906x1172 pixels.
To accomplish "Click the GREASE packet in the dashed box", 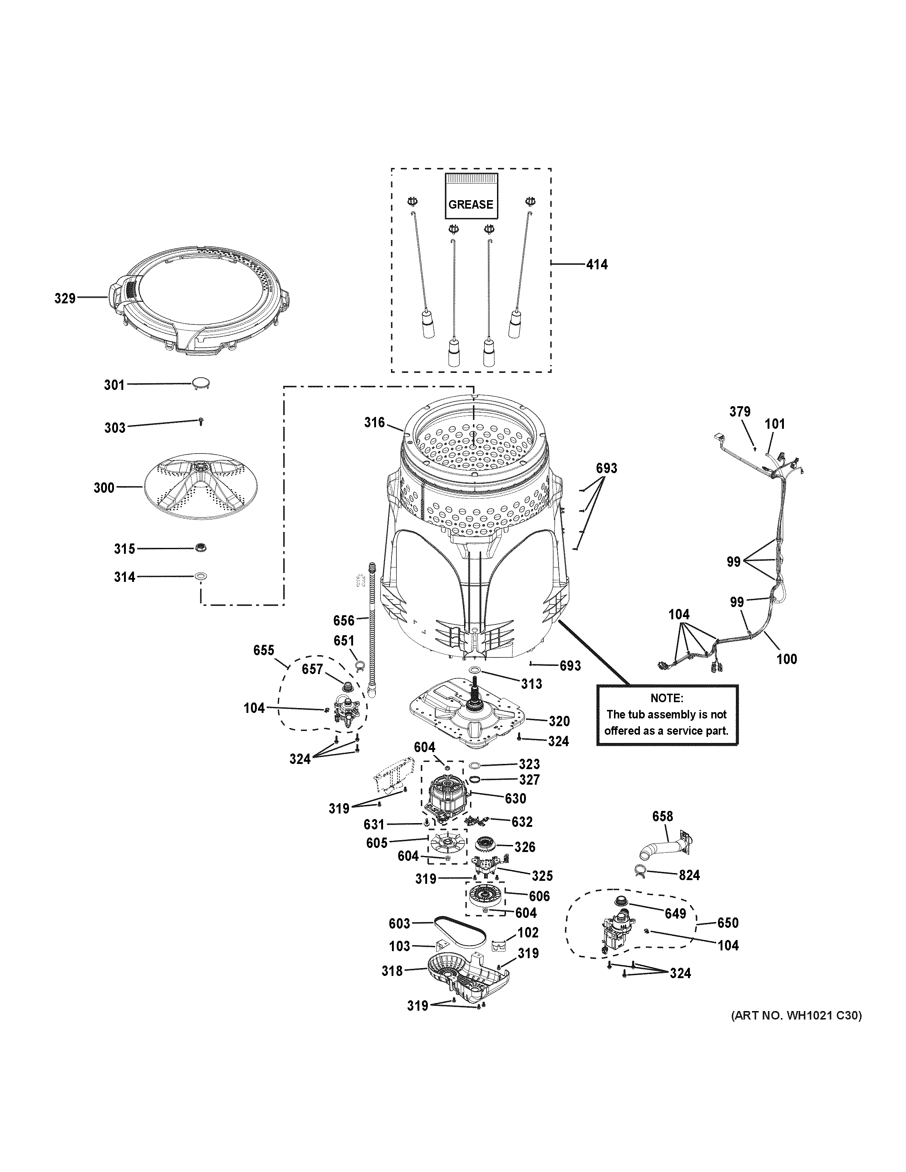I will [x=471, y=196].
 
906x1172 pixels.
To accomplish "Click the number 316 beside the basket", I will [x=374, y=423].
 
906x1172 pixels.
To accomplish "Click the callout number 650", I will [x=727, y=923].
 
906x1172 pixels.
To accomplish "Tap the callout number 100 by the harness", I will [x=786, y=659].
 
